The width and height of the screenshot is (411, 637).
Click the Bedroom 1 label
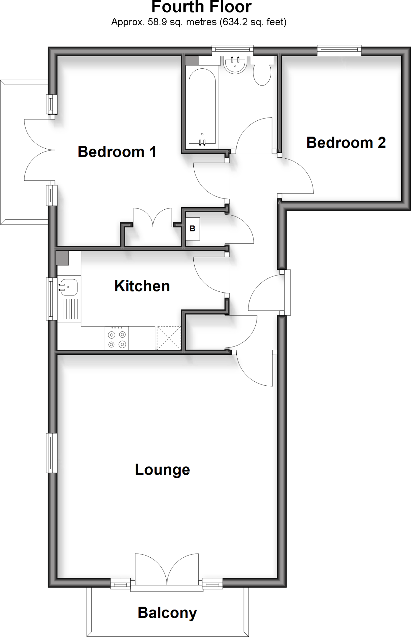tap(117, 152)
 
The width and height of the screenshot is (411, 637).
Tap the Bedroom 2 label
tap(346, 143)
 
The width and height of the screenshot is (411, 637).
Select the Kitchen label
tap(142, 286)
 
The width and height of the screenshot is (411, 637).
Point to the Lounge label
tap(162, 470)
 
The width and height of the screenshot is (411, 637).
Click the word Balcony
tap(167, 613)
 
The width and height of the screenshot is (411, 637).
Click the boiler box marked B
tap(192, 229)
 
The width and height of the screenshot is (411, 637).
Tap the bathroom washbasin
tap(235, 65)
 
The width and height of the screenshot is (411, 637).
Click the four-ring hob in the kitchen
tap(117, 338)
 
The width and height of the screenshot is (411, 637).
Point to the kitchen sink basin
tap(68, 287)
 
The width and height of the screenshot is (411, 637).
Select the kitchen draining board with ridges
tap(69, 309)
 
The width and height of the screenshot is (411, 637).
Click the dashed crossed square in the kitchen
tap(168, 338)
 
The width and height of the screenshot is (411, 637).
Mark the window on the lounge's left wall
tap(51, 453)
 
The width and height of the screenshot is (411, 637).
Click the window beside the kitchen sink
tap(51, 299)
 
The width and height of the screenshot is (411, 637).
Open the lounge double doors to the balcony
tap(167, 570)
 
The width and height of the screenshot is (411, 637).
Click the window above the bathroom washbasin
tap(232, 50)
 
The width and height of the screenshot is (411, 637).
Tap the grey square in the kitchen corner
tap(62, 258)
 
